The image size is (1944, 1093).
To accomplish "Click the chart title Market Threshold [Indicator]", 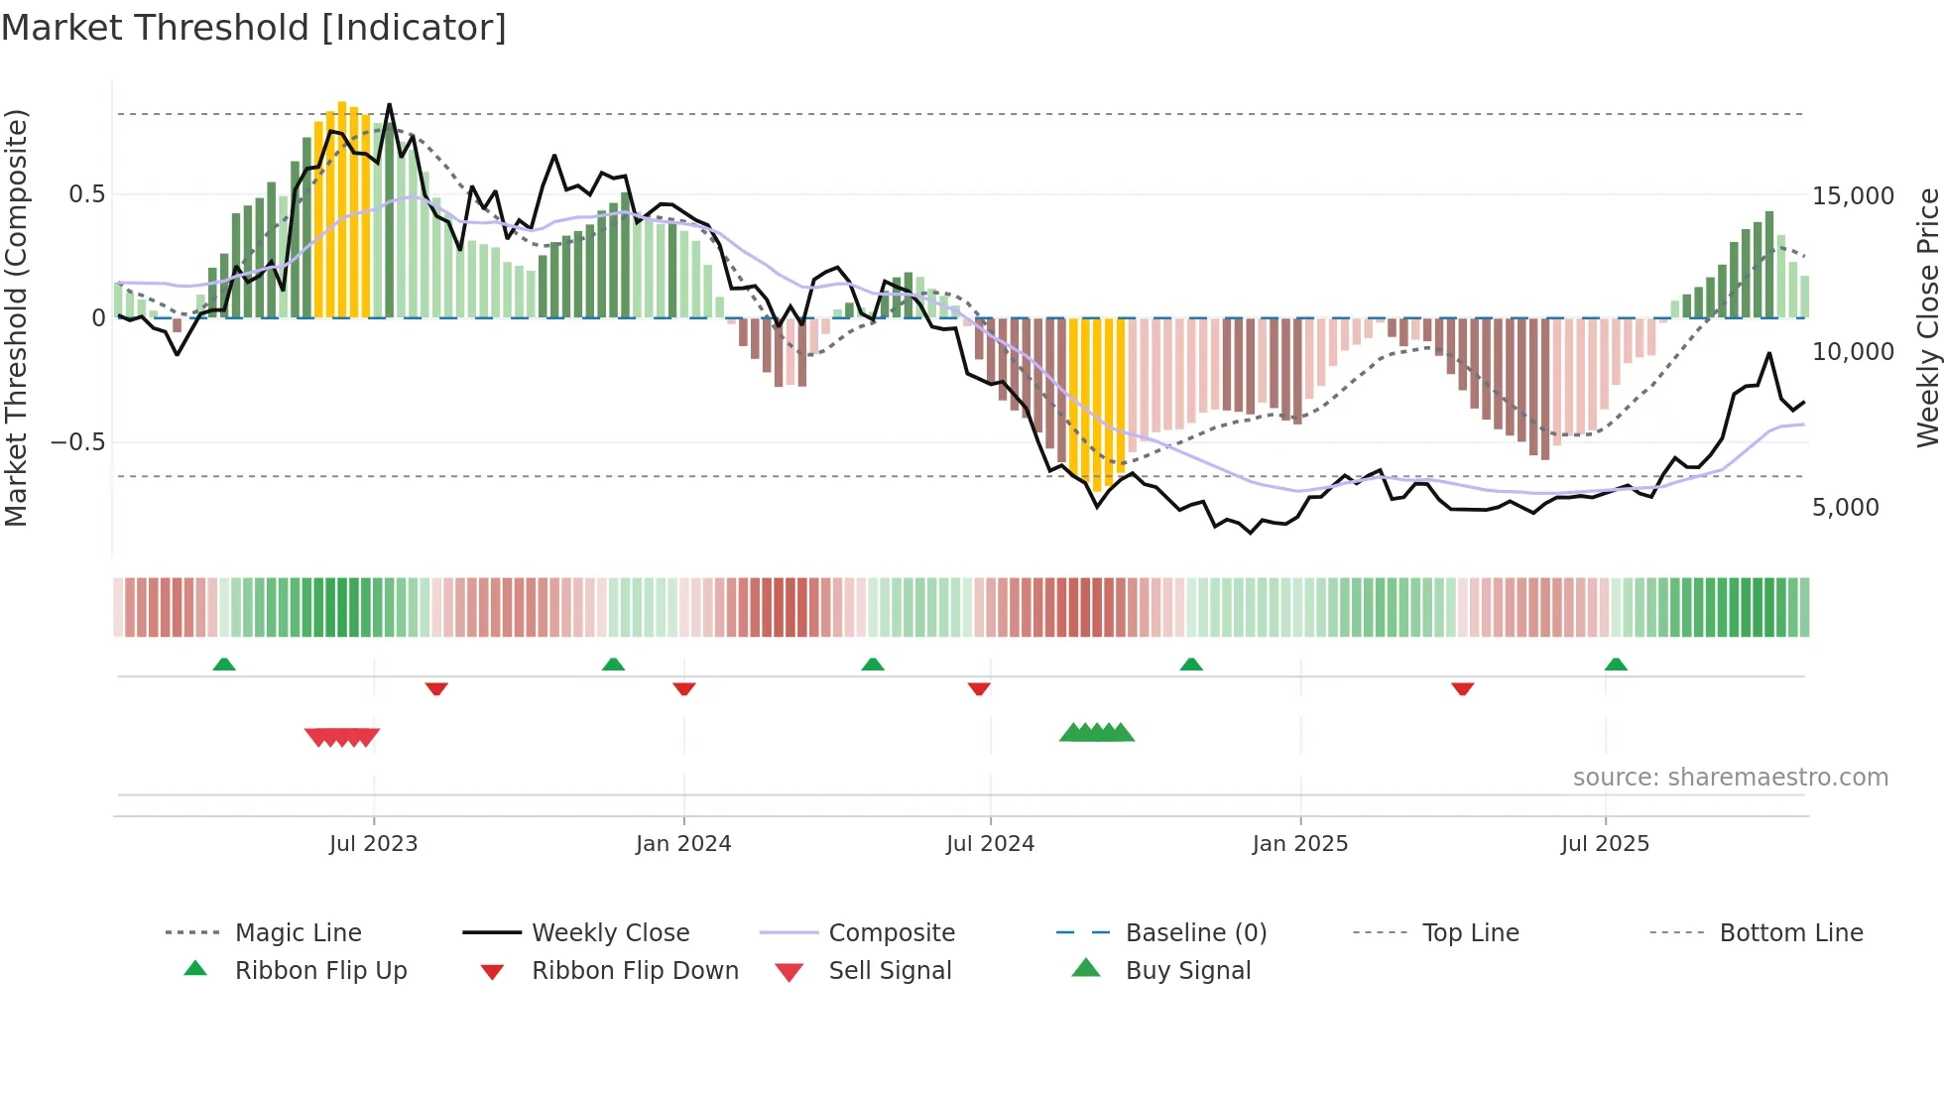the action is point(254,28).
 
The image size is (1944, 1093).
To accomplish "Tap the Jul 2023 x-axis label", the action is point(373,844).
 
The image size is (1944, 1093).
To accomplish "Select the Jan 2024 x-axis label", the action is point(683,844).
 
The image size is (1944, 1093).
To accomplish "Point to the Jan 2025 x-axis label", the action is point(1299,844).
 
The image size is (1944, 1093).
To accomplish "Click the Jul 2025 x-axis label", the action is point(1605,844).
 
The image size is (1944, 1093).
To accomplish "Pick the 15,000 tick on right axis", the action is point(1853,196).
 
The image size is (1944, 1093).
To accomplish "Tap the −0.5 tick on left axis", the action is point(77,442).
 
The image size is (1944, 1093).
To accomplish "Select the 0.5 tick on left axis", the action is point(86,194).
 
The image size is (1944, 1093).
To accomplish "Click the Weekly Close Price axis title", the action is point(1926,317).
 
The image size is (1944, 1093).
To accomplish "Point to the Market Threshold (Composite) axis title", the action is point(16,317).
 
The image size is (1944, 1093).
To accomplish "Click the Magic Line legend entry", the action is point(298,933).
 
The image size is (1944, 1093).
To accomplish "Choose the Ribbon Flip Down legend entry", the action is point(635,971).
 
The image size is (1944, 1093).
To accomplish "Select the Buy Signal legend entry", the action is point(1187,971).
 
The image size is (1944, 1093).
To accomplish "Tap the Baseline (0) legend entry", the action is point(1195,933).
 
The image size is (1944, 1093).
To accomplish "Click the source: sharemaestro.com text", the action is point(1730,778).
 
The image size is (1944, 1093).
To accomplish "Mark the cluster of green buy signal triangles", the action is point(1097,734).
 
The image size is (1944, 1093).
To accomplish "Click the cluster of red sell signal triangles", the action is point(342,737).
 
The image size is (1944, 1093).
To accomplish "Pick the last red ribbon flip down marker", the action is point(1462,688).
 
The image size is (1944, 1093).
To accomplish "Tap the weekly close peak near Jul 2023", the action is point(389,105).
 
